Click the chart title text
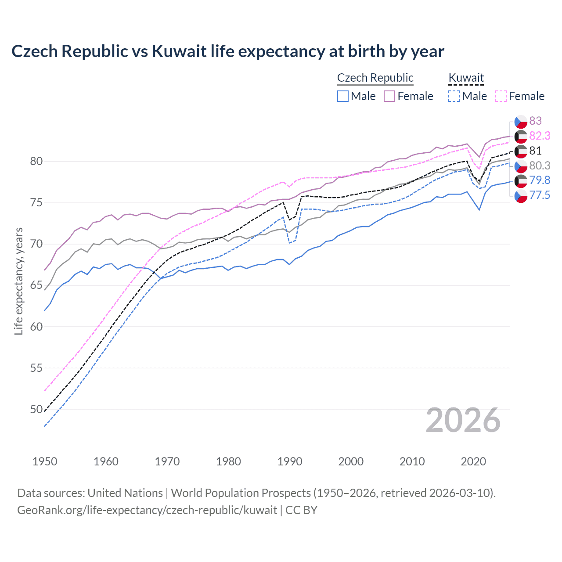point(227,51)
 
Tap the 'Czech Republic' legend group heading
point(375,78)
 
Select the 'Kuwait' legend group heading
point(466,78)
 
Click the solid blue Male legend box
point(343,96)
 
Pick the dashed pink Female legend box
point(501,96)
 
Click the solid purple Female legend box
point(389,96)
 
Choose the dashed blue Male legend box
point(454,96)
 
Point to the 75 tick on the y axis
point(36,203)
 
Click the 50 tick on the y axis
point(36,409)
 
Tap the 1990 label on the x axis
point(290,461)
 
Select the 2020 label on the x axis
point(473,461)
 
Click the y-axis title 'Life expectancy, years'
point(19,281)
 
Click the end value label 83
point(535,121)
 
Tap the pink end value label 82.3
point(540,136)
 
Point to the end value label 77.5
point(540,195)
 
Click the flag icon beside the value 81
point(521,151)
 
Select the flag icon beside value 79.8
point(521,180)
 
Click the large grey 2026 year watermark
point(463,420)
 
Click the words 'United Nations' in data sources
point(125,493)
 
